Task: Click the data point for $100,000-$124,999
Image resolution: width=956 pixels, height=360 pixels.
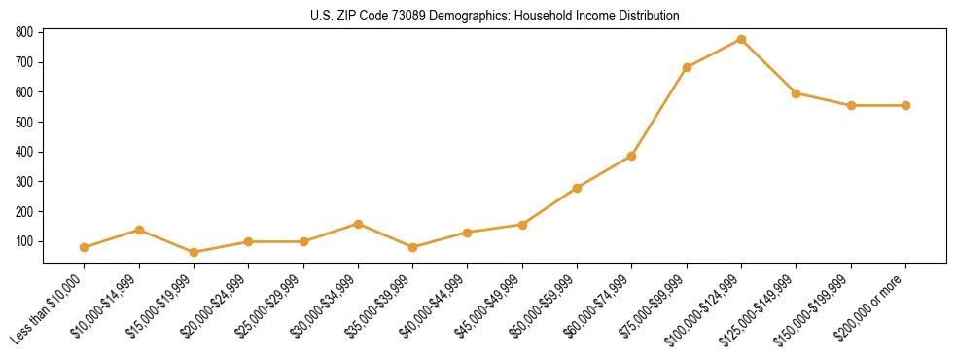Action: tap(741, 40)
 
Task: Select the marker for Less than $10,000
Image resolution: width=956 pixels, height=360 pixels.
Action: tap(85, 247)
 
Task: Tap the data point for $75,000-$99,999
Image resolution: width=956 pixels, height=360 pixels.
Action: tap(687, 67)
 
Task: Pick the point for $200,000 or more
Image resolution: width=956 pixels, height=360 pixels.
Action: tap(905, 105)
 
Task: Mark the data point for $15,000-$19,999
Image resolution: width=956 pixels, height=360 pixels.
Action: tap(194, 252)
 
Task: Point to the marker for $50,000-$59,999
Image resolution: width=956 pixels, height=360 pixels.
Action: tap(577, 188)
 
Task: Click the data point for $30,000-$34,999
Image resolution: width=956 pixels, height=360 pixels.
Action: tap(358, 224)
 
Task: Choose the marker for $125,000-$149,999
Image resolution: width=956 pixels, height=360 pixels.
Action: tap(796, 93)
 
